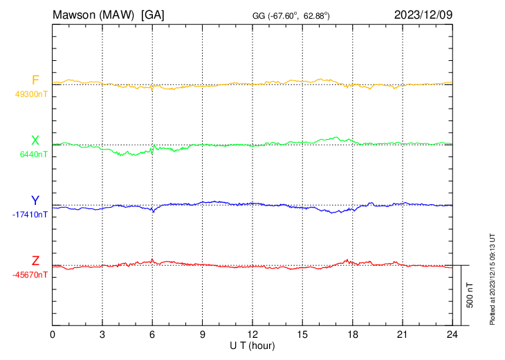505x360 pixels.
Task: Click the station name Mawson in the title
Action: click(x=76, y=14)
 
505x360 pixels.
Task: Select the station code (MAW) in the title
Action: click(x=119, y=14)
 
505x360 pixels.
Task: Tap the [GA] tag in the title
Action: click(x=153, y=14)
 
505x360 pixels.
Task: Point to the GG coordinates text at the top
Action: click(x=291, y=15)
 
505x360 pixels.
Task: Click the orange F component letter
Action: click(x=35, y=80)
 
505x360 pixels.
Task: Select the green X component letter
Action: click(x=35, y=141)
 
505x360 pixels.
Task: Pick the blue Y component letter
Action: click(x=35, y=201)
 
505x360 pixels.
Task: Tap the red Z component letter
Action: click(x=35, y=261)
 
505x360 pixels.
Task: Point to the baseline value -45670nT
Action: click(x=30, y=275)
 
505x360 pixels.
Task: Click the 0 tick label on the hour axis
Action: click(x=53, y=334)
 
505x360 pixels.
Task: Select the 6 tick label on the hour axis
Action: click(x=152, y=334)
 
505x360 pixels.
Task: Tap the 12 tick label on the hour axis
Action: click(x=252, y=334)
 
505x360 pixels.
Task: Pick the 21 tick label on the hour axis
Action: click(x=402, y=334)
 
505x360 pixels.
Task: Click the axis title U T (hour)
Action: click(x=252, y=345)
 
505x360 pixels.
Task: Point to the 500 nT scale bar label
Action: click(x=470, y=295)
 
